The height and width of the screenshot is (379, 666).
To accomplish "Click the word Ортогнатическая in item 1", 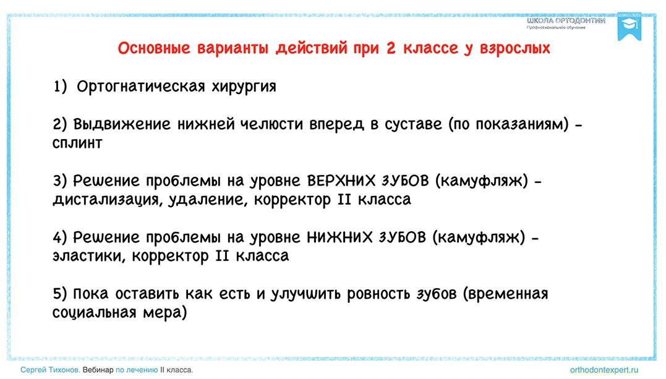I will pyautogui.click(x=140, y=87).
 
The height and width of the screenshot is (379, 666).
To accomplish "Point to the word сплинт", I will pyautogui.click(x=77, y=143).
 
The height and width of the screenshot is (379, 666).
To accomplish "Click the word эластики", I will pyautogui.click(x=89, y=256).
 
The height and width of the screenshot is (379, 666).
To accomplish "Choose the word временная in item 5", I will pyautogui.click(x=506, y=294).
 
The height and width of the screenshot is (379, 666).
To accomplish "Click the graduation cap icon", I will pyautogui.click(x=630, y=27).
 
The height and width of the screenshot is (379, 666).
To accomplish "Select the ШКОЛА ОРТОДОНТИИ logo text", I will pyautogui.click(x=566, y=21).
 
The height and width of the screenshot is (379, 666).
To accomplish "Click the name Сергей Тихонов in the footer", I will pyautogui.click(x=49, y=370).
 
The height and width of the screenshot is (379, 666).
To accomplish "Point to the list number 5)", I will pyautogui.click(x=61, y=294).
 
